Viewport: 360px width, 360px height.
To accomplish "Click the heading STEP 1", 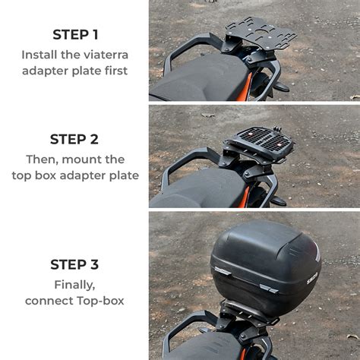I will (75, 34).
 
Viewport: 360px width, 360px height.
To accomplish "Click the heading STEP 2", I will (74, 139).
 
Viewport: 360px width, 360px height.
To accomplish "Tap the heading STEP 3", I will (74, 264).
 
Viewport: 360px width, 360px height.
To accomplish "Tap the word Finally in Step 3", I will (74, 285).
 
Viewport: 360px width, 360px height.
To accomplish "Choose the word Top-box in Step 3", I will (101, 301).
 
